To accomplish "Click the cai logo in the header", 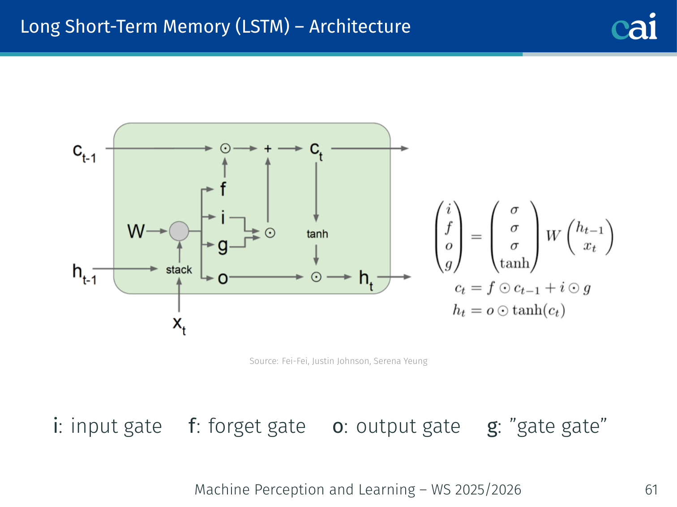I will (634, 26).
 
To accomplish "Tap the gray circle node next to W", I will (179, 231).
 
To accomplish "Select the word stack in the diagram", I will (179, 270).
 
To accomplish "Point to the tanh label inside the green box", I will (317, 234).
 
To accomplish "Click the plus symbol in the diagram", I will (268, 148).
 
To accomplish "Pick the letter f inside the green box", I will (223, 189).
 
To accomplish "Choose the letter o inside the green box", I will (223, 279).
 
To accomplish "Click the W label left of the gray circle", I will (136, 231).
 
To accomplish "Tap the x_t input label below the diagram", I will (179, 324).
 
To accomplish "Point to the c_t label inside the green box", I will (316, 151).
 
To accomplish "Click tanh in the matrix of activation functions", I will (514, 263).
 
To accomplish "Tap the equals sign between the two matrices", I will (476, 236).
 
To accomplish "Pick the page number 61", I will (651, 490).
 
